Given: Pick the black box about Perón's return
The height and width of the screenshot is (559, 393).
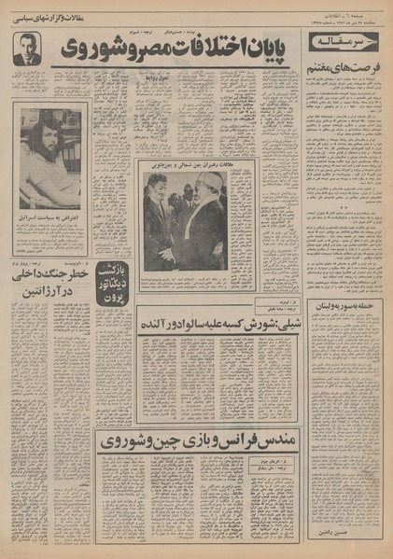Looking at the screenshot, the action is click(115, 278).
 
